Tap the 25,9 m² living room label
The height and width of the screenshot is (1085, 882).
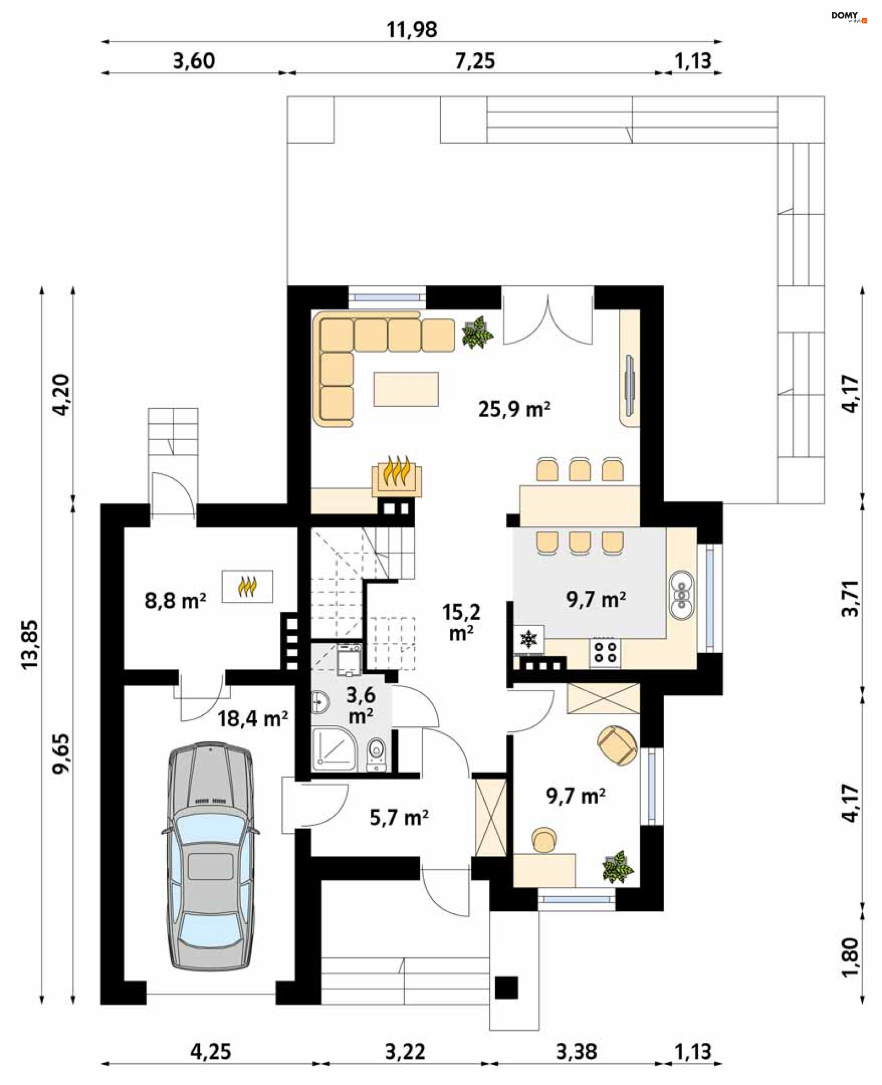[x=514, y=409]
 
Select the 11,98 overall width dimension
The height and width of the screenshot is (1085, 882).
[x=412, y=29]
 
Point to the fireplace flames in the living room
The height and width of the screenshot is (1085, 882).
[x=397, y=471]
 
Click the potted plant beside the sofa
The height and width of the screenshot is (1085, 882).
[x=477, y=333]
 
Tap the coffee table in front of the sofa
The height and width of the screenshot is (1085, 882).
[x=406, y=389]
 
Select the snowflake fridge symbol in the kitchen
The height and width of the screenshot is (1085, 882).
[x=529, y=639]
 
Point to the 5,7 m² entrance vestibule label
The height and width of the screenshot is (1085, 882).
[x=399, y=818]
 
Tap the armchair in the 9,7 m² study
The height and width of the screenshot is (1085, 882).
[x=617, y=745]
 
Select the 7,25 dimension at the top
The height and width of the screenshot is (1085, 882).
[x=475, y=61]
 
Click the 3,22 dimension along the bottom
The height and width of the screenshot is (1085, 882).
[x=404, y=1051]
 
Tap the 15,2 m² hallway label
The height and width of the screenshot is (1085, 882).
[x=461, y=622]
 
